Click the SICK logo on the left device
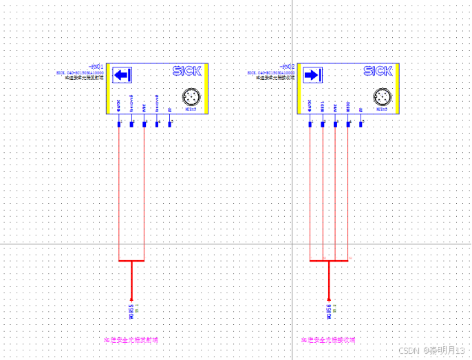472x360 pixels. (186, 71)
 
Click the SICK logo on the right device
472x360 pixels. (378, 71)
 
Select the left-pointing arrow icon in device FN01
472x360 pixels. (122, 75)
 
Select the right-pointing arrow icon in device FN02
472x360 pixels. (313, 75)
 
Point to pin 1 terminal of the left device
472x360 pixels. (119, 124)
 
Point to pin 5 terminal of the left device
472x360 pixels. (170, 124)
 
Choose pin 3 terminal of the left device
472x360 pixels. (144, 124)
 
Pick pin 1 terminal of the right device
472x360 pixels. (310, 124)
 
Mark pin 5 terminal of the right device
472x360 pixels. (361, 124)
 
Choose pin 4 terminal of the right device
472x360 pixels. (349, 124)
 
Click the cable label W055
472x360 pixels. (131, 311)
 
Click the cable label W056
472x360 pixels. (329, 311)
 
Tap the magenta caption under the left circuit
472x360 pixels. (131, 340)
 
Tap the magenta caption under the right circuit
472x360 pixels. (328, 340)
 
